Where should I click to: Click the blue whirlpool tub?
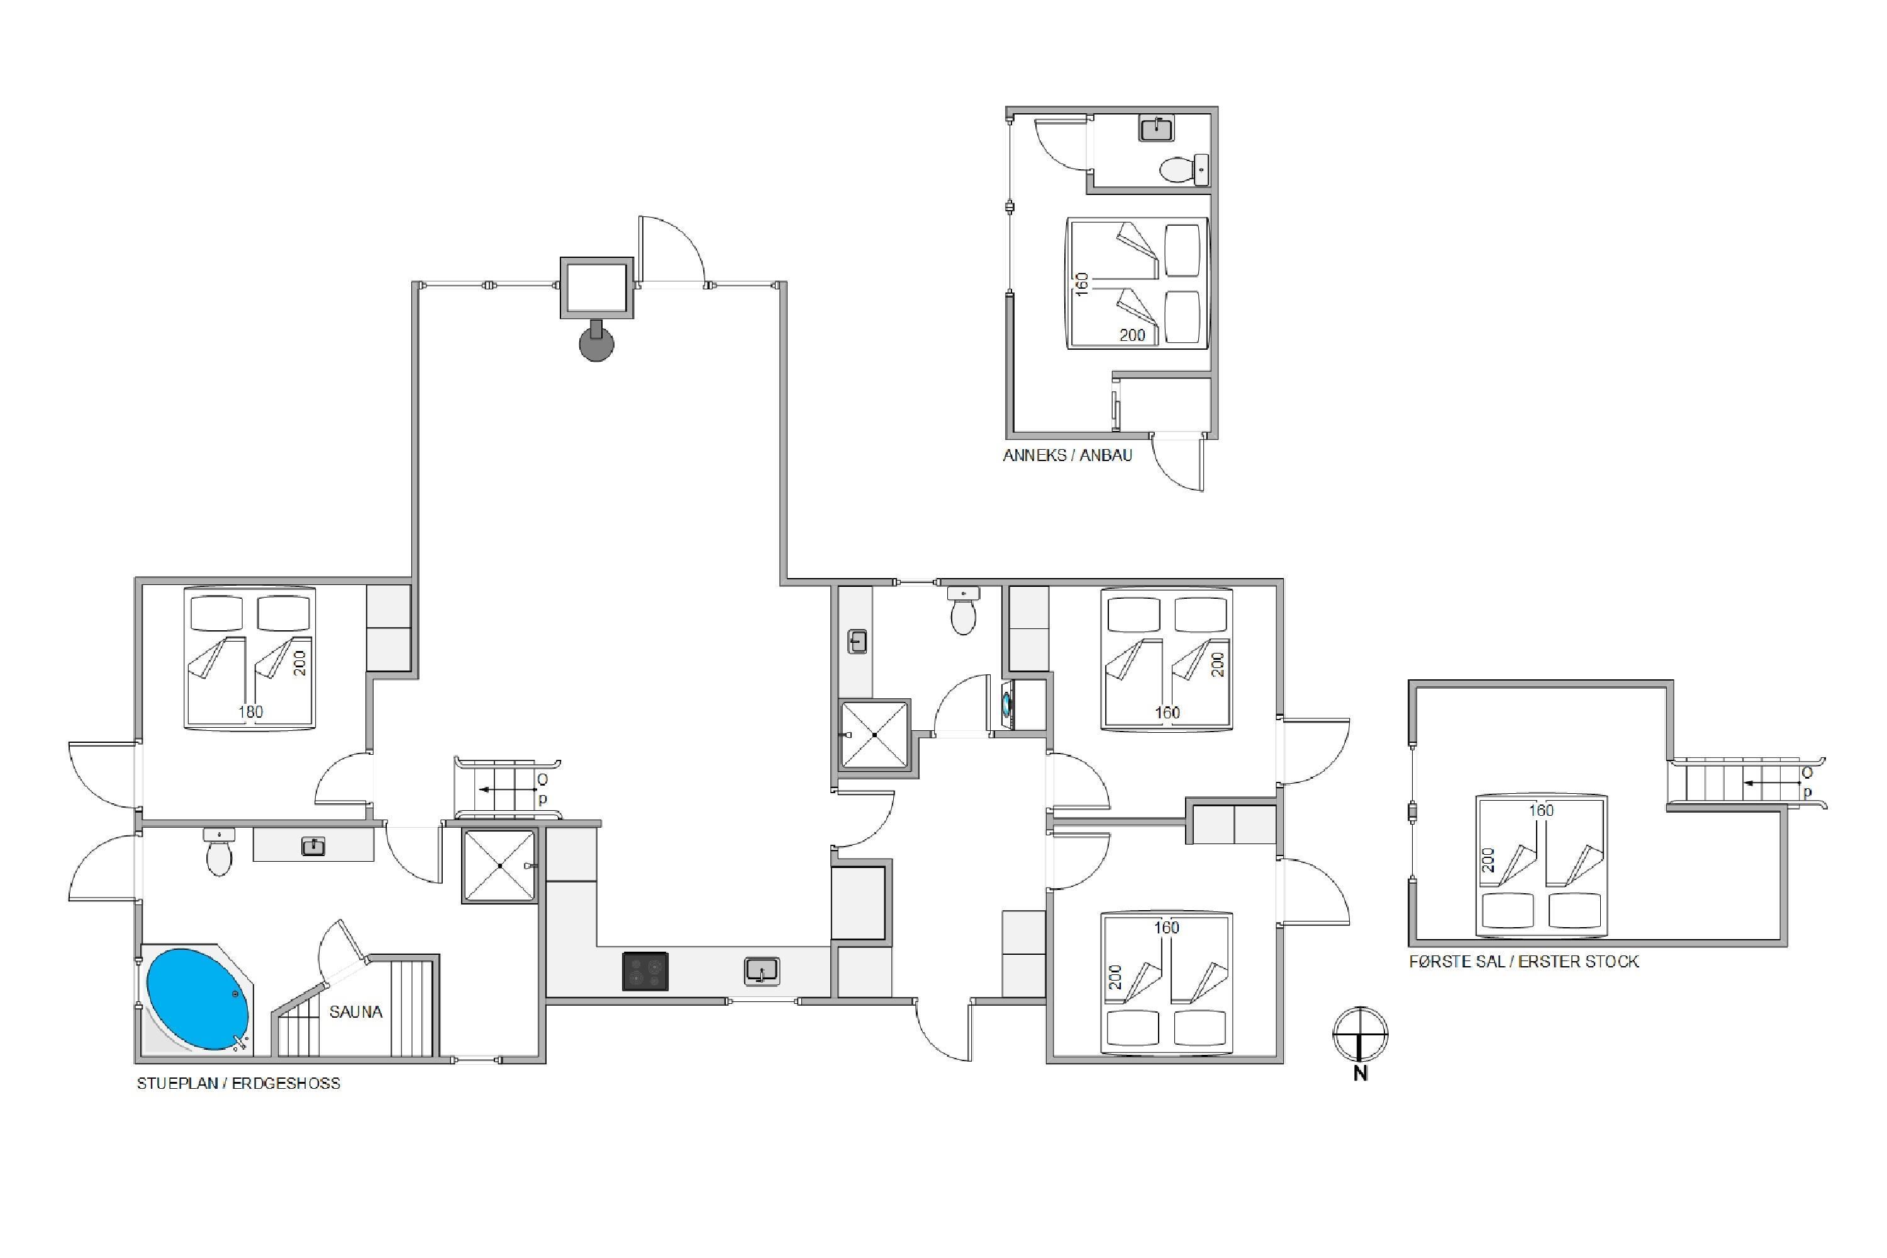click(x=198, y=999)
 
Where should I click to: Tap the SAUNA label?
click(x=355, y=1011)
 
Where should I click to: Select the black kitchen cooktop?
click(x=645, y=971)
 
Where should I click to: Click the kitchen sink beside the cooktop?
click(x=761, y=971)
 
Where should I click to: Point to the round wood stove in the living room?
click(x=596, y=343)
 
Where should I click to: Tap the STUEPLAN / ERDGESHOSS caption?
click(x=238, y=1083)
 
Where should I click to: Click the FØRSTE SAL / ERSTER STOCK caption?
click(x=1523, y=961)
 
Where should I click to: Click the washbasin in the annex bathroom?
click(x=1156, y=128)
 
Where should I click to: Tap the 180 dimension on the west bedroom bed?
click(x=250, y=711)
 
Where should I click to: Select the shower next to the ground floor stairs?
click(x=499, y=866)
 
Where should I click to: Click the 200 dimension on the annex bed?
click(x=1132, y=335)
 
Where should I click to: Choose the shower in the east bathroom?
click(x=874, y=735)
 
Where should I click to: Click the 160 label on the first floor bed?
click(x=1541, y=810)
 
